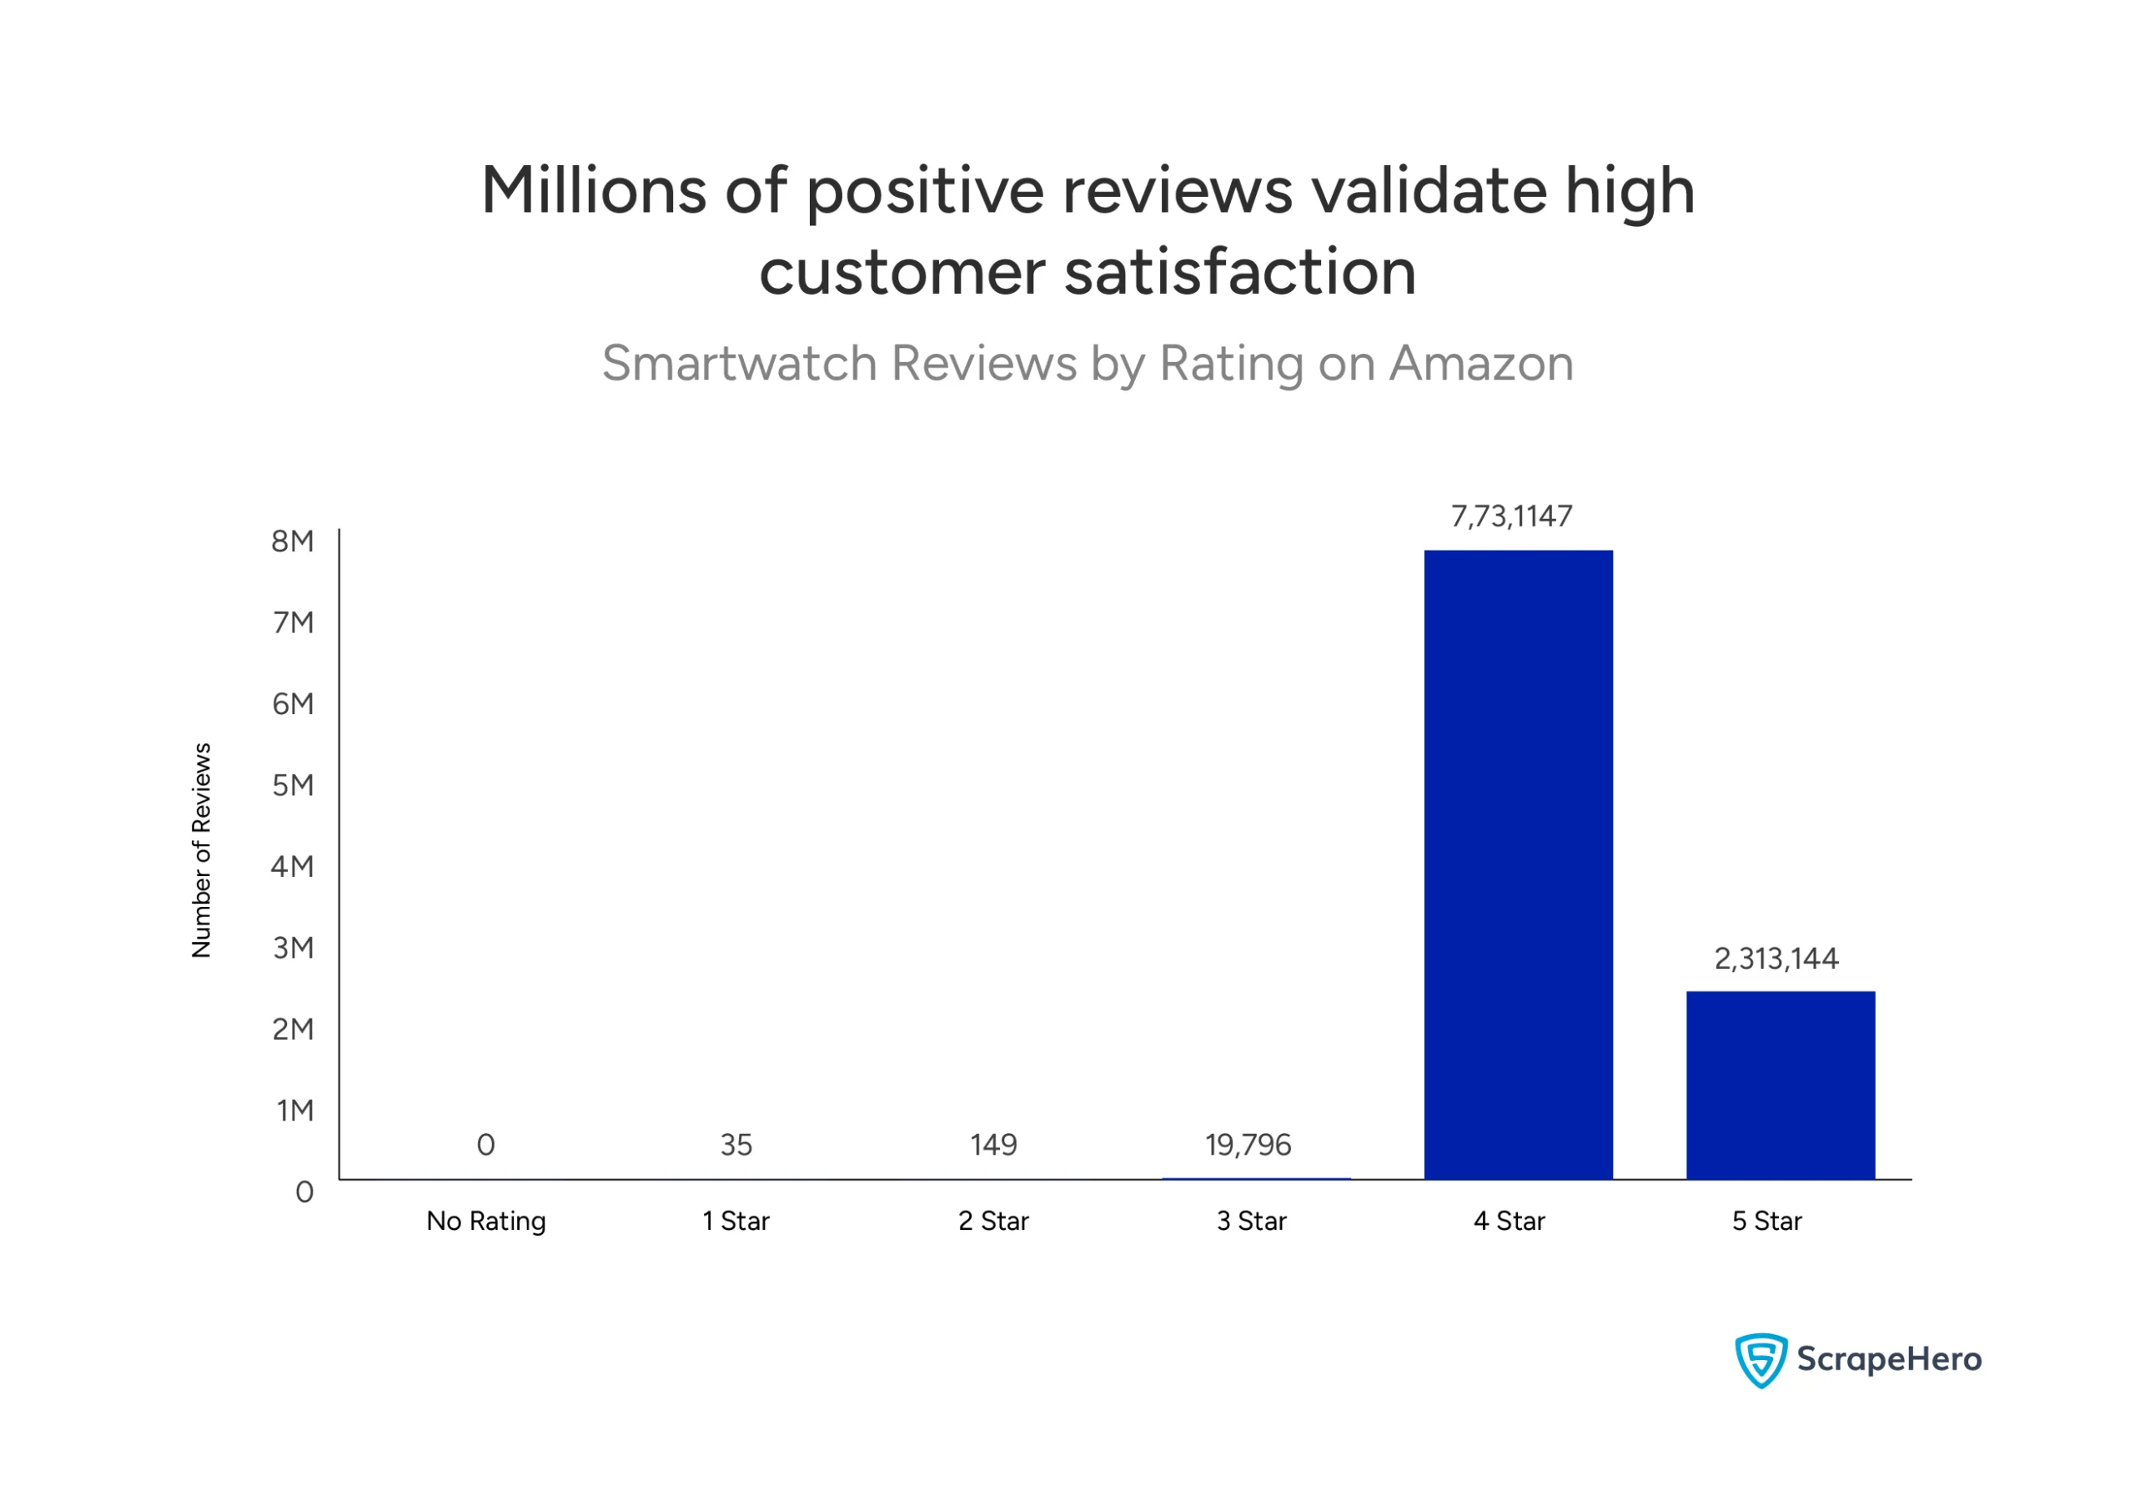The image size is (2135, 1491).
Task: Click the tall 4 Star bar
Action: [1518, 865]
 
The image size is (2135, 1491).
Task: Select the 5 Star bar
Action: [1780, 1086]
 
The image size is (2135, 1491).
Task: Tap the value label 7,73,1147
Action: [1511, 516]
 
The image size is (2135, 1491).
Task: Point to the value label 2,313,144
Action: [1776, 959]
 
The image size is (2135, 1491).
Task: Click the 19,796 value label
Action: [1248, 1145]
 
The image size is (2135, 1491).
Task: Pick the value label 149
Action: [993, 1145]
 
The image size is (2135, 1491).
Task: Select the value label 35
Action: [736, 1145]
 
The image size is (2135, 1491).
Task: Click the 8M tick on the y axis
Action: [292, 541]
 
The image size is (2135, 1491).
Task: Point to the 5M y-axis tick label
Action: [292, 785]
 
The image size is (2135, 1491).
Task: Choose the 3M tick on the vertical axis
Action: [292, 948]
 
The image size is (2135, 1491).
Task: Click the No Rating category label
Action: [485, 1222]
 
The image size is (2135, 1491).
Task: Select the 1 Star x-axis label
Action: [736, 1222]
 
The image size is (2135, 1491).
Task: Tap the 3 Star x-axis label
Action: [1252, 1222]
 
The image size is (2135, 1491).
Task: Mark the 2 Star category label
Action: [993, 1222]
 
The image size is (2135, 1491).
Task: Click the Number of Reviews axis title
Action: [202, 850]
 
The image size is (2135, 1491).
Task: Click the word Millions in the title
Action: [593, 191]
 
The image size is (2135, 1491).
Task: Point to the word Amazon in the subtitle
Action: [1480, 363]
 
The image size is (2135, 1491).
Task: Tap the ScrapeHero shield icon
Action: [1761, 1360]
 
